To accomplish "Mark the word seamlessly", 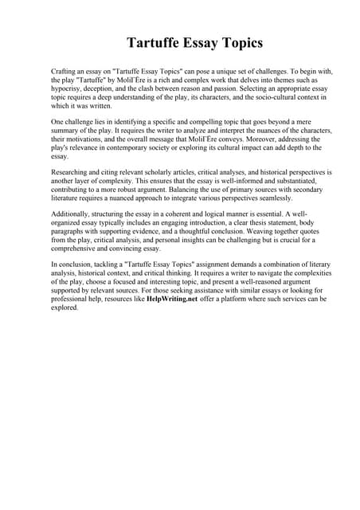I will click(x=273, y=201).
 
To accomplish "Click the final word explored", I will click(x=64, y=309).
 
